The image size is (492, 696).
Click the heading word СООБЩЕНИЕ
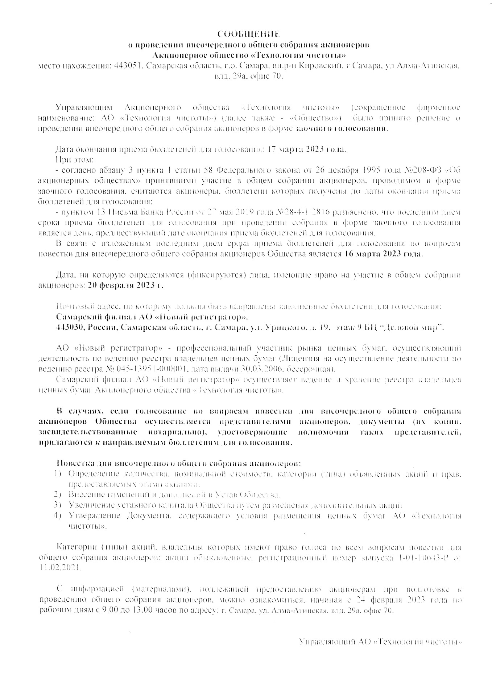(x=249, y=34)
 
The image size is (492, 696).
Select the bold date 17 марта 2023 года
(x=307, y=149)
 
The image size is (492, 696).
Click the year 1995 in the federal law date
(x=368, y=170)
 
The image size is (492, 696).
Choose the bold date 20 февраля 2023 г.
(x=125, y=285)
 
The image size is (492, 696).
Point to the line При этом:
(x=74, y=160)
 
